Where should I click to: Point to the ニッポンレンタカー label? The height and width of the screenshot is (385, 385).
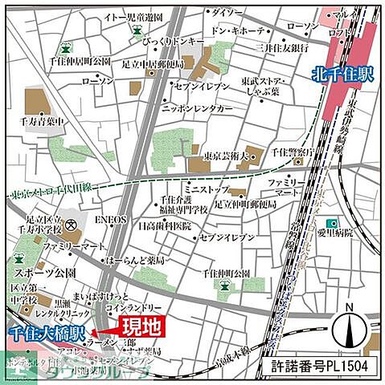[198, 107]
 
